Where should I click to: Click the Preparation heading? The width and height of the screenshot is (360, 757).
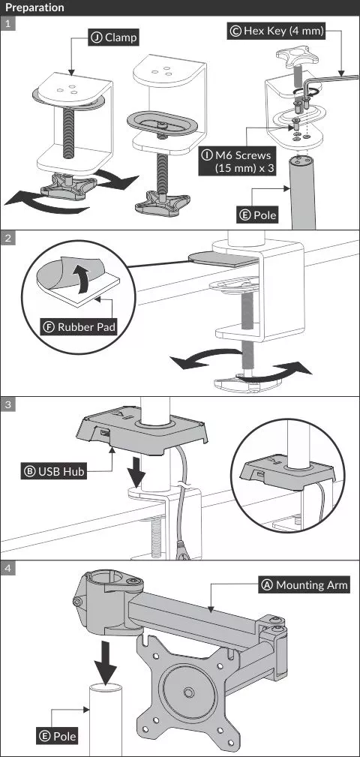(34, 8)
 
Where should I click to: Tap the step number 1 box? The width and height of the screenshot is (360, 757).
(8, 24)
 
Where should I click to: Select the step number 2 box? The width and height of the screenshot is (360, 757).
(8, 238)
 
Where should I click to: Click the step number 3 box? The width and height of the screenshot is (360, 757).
(8, 404)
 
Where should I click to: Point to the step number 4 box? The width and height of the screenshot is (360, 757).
(8, 568)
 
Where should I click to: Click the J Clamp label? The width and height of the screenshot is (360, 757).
(113, 38)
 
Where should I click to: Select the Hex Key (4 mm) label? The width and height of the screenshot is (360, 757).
(277, 32)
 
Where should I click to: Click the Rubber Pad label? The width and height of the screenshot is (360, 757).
(79, 327)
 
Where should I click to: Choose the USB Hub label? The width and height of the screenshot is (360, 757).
(53, 470)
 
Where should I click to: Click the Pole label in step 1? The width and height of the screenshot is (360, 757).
(258, 215)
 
